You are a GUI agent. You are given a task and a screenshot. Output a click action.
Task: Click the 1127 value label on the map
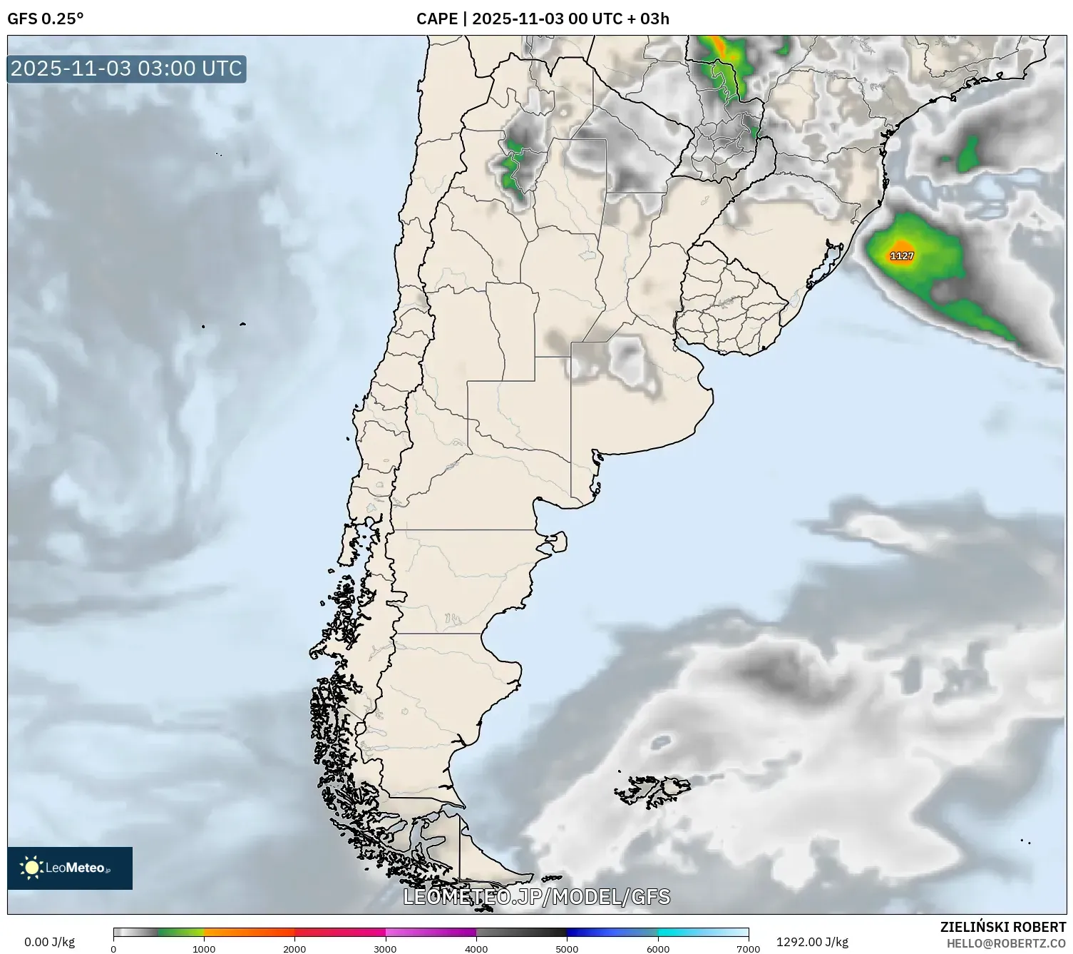902,255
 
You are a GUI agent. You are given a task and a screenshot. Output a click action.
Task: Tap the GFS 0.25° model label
45,19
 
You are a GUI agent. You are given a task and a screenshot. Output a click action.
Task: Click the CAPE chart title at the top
543,19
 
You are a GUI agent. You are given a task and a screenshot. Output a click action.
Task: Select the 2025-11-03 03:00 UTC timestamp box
127,68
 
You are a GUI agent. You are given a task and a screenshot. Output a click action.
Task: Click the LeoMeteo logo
70,868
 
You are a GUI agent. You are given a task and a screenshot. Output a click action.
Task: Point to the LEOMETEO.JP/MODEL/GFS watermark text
537,897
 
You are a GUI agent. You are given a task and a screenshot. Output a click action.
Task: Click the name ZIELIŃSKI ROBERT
1003,927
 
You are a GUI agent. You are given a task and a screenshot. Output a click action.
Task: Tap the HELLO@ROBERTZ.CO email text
1006,943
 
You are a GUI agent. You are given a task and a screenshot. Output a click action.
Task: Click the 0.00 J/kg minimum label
49,942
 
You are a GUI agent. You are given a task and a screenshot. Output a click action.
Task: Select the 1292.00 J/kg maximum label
812,942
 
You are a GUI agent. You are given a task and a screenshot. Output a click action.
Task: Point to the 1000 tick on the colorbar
204,948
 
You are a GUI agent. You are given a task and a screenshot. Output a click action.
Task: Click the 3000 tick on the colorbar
386,948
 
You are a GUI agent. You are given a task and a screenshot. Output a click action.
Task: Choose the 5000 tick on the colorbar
567,948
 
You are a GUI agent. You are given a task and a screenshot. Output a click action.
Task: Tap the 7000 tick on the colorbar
748,948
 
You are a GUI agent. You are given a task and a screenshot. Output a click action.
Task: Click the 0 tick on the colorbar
113,948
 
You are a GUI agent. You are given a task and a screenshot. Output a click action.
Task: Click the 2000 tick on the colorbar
294,948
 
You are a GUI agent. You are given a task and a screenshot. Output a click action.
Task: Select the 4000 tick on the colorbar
476,948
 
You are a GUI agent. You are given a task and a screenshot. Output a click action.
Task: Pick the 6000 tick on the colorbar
657,948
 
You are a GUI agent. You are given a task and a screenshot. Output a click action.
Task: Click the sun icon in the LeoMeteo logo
31,868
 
